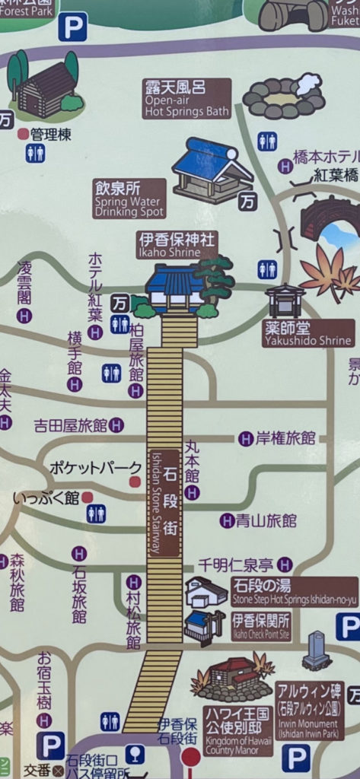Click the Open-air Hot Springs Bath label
(x=186, y=99)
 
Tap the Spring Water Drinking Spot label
(x=129, y=199)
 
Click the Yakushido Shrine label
(x=308, y=333)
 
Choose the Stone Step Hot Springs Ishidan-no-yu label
(x=294, y=592)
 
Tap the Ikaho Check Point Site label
(x=260, y=625)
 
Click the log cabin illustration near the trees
(x=44, y=87)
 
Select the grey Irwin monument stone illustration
(x=316, y=650)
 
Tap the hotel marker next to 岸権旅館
(x=246, y=439)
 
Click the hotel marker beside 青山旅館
(x=226, y=521)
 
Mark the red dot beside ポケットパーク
(x=135, y=482)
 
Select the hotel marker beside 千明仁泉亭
(x=285, y=564)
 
